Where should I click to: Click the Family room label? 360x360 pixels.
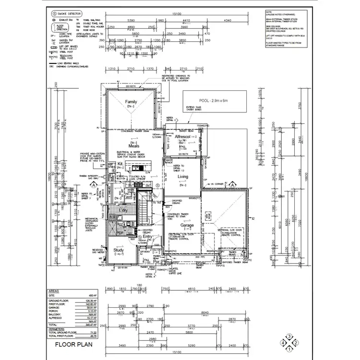tap(131, 102)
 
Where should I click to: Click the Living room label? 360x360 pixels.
tap(182, 177)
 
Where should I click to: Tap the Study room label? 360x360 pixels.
tap(119, 250)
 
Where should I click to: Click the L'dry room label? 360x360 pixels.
tap(122, 211)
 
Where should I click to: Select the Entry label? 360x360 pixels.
tap(147, 237)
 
